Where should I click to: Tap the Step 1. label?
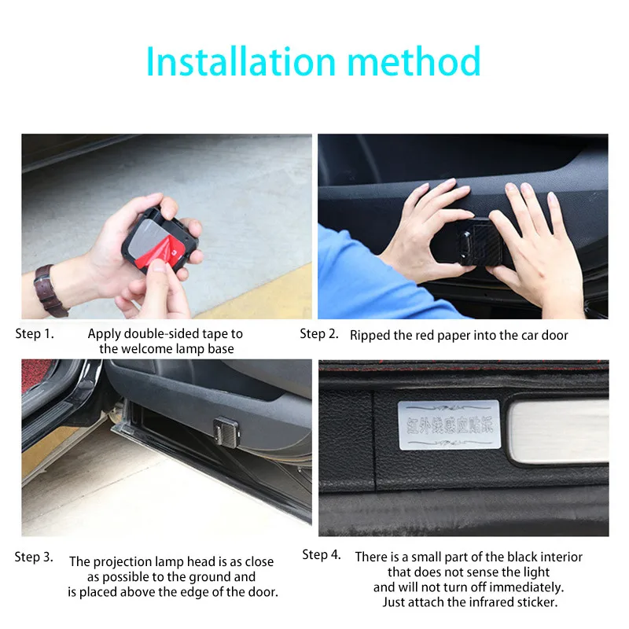(x=35, y=334)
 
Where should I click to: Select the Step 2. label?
(x=319, y=334)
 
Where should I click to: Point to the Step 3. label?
(x=34, y=557)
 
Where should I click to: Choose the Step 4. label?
(x=322, y=555)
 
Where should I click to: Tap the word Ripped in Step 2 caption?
(x=370, y=336)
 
